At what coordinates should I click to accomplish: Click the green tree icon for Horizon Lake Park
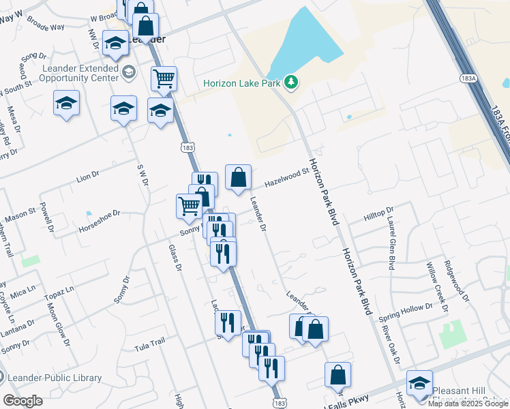tap(292, 82)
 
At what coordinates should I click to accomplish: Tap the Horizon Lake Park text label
tap(243, 83)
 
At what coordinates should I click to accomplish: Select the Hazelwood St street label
tap(287, 179)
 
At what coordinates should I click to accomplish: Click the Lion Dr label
tap(88, 178)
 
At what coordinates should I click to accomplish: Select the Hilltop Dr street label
tap(379, 215)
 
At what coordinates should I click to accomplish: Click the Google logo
tap(22, 401)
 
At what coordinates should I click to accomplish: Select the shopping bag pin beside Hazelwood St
tap(238, 178)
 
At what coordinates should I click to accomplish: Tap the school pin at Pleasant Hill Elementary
tap(419, 383)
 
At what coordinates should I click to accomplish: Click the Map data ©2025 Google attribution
tap(467, 404)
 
